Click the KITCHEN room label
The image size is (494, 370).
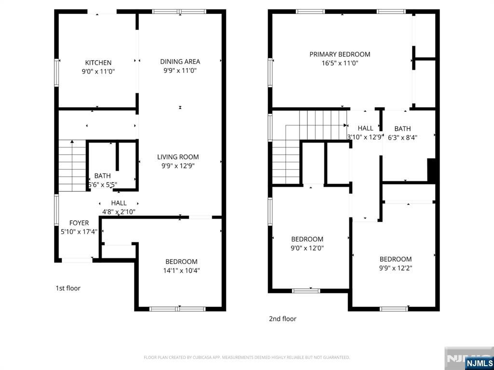click(98, 63)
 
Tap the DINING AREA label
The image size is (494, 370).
click(180, 62)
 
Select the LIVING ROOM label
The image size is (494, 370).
click(178, 157)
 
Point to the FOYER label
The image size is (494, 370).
click(79, 223)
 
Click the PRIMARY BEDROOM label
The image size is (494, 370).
click(340, 54)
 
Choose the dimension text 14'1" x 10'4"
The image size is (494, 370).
click(181, 270)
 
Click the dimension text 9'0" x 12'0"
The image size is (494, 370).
click(307, 248)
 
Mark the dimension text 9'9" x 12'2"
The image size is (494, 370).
click(396, 268)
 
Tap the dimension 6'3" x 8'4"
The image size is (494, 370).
click(402, 137)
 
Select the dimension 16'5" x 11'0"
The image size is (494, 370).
click(340, 63)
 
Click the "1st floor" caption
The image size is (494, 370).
click(68, 288)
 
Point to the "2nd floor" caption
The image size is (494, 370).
click(282, 318)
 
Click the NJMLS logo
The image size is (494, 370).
click(479, 363)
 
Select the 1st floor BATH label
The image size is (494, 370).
click(102, 176)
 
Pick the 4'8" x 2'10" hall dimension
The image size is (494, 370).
click(118, 211)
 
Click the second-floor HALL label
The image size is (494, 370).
click(365, 128)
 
